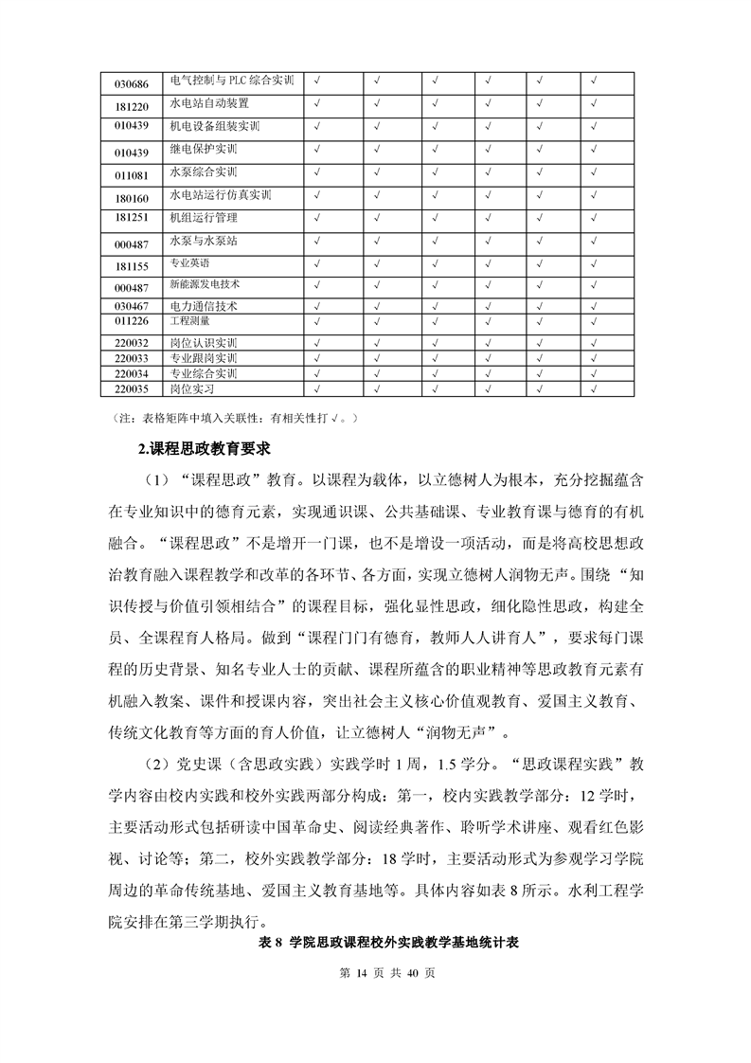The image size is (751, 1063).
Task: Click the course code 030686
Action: [x=131, y=83]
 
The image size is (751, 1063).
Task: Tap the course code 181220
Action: [x=131, y=106]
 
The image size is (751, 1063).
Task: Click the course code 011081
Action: [x=131, y=175]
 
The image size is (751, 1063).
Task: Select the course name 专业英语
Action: [x=190, y=262]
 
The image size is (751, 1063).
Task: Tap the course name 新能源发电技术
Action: [x=205, y=283]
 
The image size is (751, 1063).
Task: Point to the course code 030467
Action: [x=131, y=306]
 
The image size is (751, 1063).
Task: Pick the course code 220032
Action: [x=131, y=343]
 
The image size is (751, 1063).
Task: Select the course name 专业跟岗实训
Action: [x=203, y=358]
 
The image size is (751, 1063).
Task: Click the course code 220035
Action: [x=131, y=388]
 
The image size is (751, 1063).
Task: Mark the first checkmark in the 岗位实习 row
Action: [x=317, y=387]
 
